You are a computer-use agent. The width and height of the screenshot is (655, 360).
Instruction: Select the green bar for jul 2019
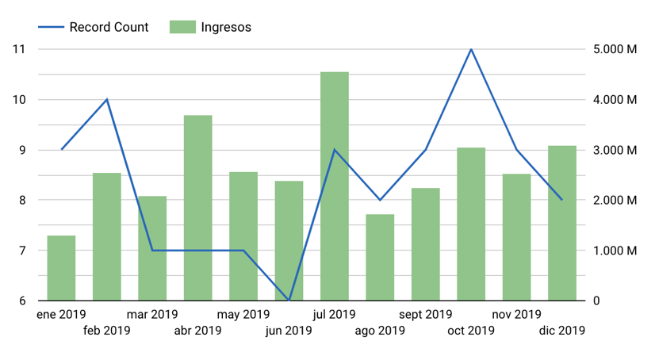pos(335,186)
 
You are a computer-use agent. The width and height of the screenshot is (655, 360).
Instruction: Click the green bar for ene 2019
pos(62,268)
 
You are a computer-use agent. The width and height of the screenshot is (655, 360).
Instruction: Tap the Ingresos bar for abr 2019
pos(198,208)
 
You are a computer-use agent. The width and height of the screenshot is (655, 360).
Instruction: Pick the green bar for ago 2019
pos(380,258)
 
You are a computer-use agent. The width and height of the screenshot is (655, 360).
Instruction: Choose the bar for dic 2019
pos(562,223)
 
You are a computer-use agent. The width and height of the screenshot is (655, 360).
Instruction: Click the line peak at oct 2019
pos(471,49)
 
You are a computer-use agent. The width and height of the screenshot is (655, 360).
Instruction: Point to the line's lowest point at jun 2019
pos(289,301)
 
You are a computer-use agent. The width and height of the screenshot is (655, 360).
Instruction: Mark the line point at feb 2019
pos(107,99)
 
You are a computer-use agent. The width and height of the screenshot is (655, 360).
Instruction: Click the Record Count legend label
pos(109,27)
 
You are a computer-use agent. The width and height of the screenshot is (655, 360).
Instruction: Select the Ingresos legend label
pos(226,27)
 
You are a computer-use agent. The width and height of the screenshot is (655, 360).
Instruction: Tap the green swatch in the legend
pos(182,27)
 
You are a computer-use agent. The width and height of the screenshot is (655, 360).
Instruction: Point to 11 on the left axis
pos(19,49)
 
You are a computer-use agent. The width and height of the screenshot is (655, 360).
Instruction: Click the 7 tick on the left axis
pos(19,251)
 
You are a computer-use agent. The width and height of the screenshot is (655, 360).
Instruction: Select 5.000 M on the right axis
pos(615,49)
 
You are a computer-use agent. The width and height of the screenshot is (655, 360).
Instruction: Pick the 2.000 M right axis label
pos(615,201)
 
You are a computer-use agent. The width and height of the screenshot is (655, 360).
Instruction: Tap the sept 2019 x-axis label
pos(426,315)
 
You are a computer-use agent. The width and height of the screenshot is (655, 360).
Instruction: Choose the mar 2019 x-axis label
pos(152,315)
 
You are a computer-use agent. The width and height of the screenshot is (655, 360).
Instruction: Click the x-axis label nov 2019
pos(516,315)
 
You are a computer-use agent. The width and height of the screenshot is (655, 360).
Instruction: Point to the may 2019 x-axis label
pos(243,315)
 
